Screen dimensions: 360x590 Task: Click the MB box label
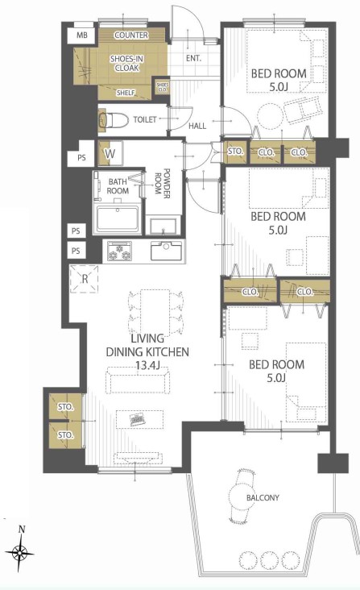(x=82, y=35)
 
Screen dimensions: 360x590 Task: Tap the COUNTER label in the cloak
(x=131, y=35)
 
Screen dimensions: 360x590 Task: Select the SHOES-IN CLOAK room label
(x=126, y=63)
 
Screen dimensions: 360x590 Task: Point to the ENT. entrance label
(x=193, y=58)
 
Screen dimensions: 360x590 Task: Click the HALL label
(x=197, y=126)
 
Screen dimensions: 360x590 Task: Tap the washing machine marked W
(x=110, y=153)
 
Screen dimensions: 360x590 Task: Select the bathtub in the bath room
(x=118, y=218)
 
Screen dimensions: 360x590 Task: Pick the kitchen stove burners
(x=120, y=251)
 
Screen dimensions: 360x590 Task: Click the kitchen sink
(x=166, y=250)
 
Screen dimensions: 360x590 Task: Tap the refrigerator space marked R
(x=85, y=279)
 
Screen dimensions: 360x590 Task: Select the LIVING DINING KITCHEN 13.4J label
(x=147, y=351)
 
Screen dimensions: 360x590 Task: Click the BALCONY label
(x=263, y=497)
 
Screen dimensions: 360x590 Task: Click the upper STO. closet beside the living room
(x=65, y=406)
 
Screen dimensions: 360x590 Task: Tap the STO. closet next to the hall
(x=235, y=152)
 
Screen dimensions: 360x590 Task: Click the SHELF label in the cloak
(x=126, y=93)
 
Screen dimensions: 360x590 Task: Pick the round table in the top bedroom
(x=270, y=115)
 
